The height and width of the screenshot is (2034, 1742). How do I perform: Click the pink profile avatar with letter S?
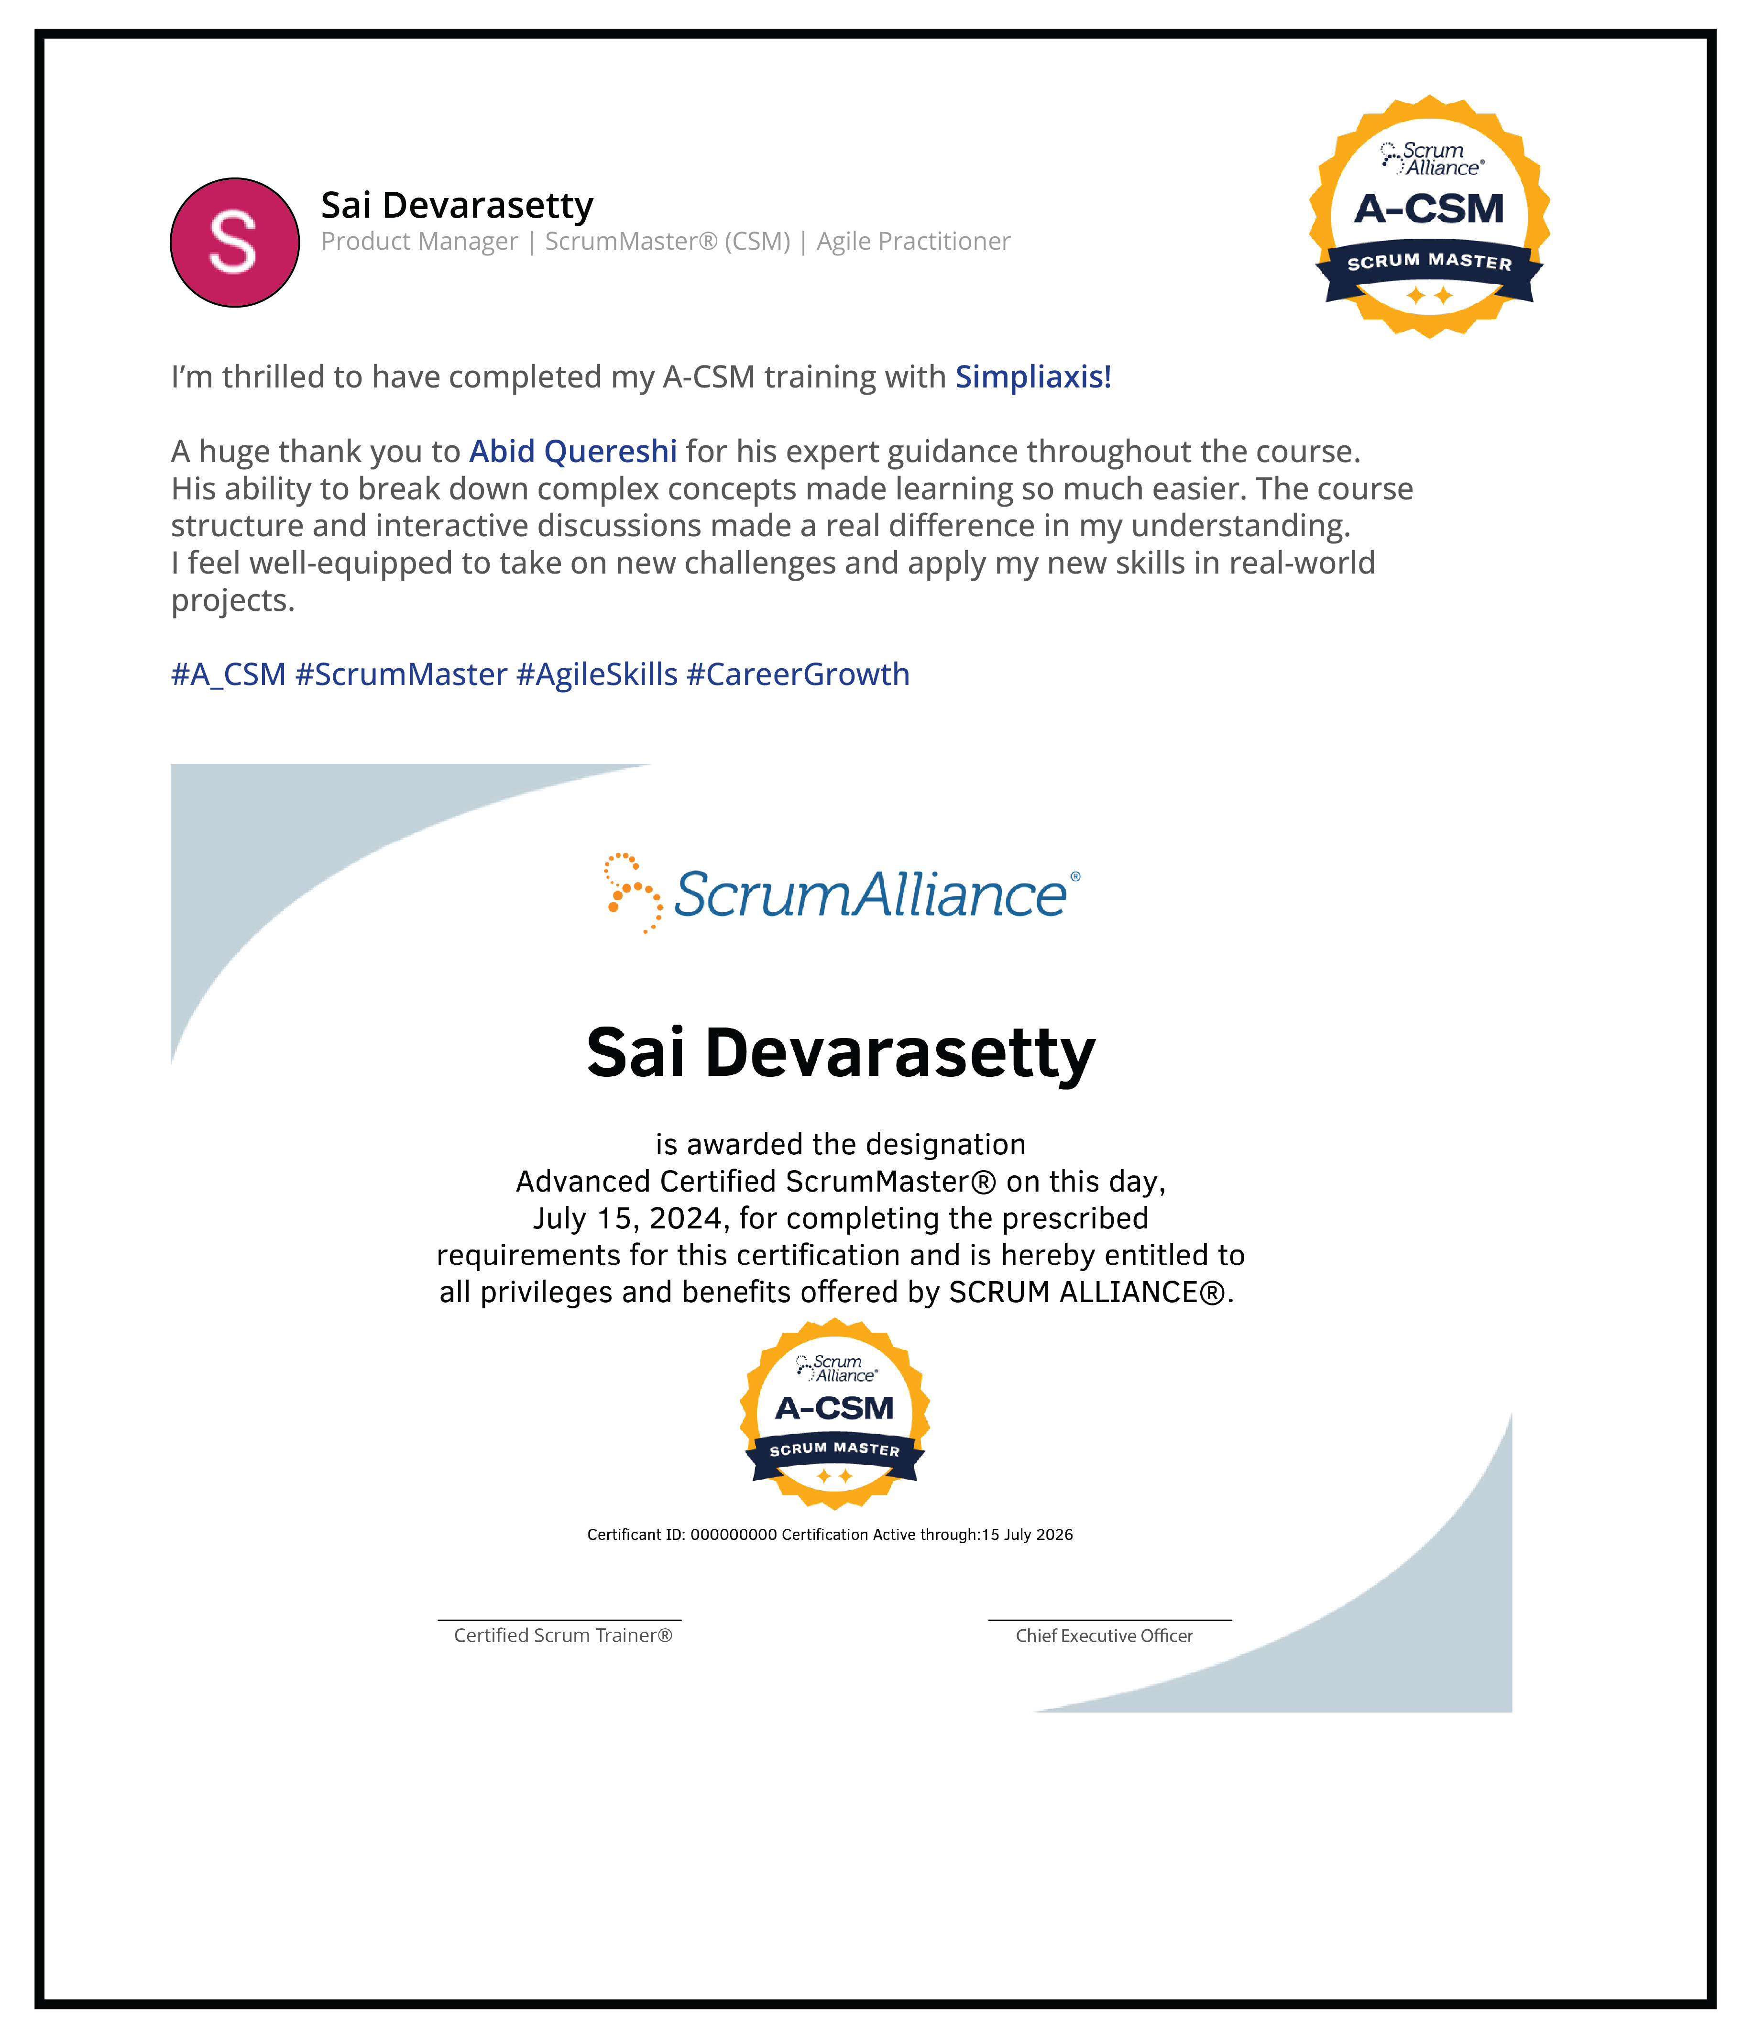(x=235, y=243)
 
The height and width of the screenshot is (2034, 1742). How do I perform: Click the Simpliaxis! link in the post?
(x=1032, y=377)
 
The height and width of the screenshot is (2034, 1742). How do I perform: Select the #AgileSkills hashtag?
(x=597, y=674)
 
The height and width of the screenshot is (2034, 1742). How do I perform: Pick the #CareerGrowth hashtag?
(x=798, y=674)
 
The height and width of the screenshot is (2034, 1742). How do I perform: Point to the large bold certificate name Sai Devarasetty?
(x=840, y=1052)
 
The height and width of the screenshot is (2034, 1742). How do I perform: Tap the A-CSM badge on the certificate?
(x=834, y=1414)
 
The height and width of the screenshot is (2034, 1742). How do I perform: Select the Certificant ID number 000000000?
(x=733, y=1534)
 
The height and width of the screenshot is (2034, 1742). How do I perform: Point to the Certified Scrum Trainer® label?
(x=562, y=1636)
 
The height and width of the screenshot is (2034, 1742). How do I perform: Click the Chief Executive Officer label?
(x=1104, y=1636)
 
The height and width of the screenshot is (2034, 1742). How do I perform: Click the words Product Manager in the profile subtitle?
(x=419, y=242)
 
